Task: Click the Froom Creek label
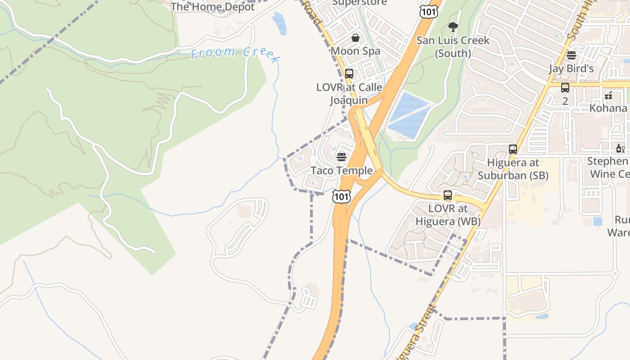[235, 54]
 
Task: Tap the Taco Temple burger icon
[342, 157]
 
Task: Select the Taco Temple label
[342, 171]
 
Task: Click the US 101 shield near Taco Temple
[341, 196]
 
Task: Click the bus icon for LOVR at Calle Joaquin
[349, 74]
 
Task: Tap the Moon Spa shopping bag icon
[355, 38]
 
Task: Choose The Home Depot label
[212, 7]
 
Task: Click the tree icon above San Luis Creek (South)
[453, 27]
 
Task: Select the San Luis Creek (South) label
[453, 47]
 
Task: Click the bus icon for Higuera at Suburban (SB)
[513, 149]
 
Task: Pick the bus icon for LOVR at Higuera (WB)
[448, 195]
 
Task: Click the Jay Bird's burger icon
[571, 55]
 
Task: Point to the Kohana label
[608, 108]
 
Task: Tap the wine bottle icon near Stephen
[620, 148]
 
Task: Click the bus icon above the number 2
[565, 88]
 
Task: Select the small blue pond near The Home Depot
[279, 23]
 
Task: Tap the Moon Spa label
[355, 51]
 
